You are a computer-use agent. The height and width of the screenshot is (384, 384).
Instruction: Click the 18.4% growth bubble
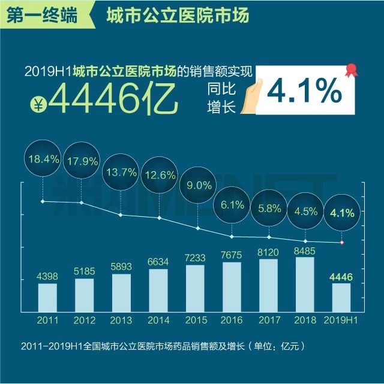(42, 159)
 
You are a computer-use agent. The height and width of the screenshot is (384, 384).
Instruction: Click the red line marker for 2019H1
(341, 243)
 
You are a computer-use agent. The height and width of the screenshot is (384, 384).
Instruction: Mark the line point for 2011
(42, 201)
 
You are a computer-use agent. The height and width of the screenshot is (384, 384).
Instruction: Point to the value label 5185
(84, 271)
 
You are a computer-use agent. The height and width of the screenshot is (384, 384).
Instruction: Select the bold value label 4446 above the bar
(341, 276)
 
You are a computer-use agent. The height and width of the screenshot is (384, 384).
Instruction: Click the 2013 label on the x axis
(121, 320)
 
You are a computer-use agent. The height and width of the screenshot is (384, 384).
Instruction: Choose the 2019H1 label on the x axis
(341, 320)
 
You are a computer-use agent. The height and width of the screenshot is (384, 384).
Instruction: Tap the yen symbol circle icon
(38, 104)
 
